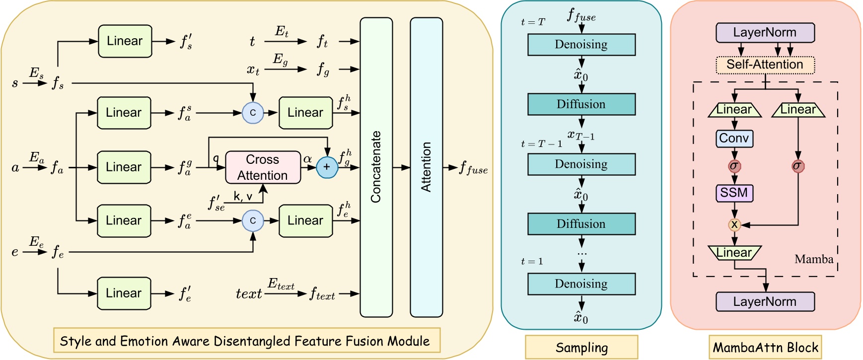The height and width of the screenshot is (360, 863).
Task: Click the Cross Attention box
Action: click(x=263, y=167)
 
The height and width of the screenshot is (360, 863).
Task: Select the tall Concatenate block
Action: click(x=376, y=167)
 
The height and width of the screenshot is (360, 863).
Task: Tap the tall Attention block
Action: click(x=426, y=167)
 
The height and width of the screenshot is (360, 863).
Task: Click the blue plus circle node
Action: click(x=327, y=167)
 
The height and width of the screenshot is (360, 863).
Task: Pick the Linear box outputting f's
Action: click(x=125, y=41)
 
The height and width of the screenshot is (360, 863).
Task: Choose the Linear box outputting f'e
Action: click(x=124, y=293)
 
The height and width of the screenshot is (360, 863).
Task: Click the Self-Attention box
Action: click(x=765, y=65)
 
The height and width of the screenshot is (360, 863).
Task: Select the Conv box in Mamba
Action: click(x=734, y=139)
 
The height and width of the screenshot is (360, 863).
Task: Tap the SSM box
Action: click(x=734, y=193)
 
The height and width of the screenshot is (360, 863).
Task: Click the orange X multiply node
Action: click(x=734, y=225)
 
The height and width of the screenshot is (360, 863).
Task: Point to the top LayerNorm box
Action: click(x=765, y=33)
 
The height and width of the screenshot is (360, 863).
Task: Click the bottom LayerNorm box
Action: click(x=765, y=301)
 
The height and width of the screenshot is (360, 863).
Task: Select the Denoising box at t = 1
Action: click(x=581, y=284)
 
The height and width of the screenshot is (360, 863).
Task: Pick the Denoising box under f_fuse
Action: click(x=581, y=45)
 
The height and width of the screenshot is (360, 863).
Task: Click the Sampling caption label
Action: click(x=581, y=348)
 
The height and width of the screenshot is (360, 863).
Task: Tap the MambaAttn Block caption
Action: click(x=765, y=348)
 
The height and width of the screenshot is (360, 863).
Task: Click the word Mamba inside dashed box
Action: click(x=813, y=259)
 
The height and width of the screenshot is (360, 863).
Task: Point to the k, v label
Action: click(x=243, y=197)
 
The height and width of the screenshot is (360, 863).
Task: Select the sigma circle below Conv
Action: click(x=734, y=166)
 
